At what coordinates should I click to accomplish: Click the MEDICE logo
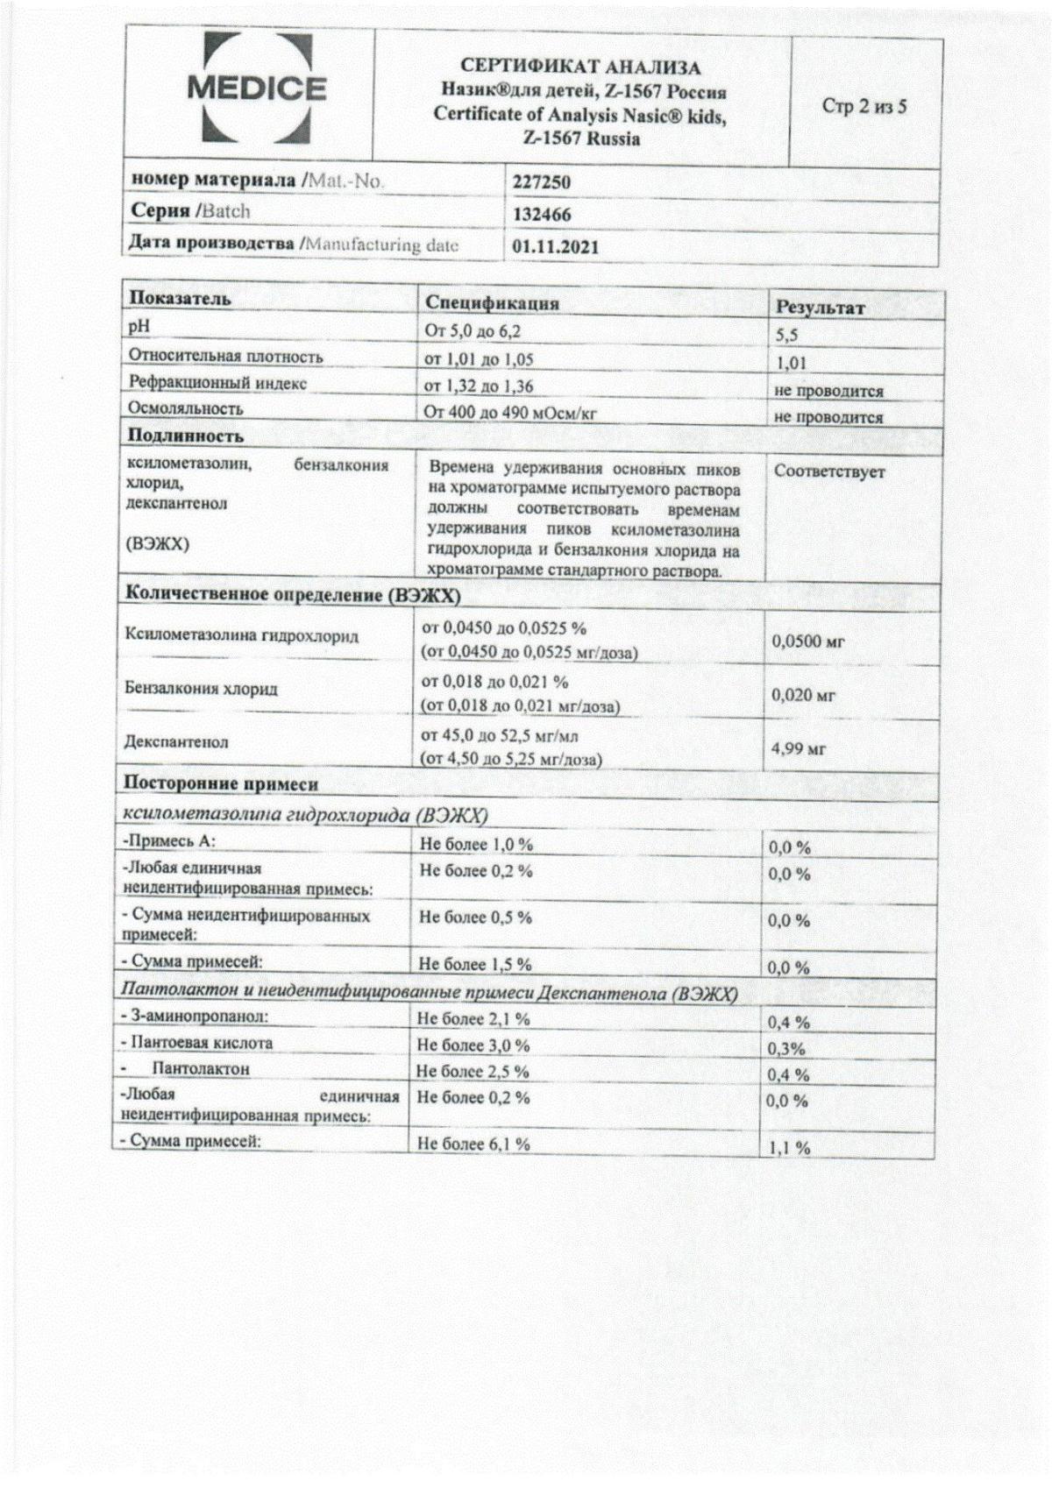coord(256,89)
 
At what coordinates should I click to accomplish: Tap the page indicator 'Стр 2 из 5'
coord(864,107)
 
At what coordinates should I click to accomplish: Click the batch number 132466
coord(542,214)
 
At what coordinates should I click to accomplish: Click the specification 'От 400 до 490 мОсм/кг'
coord(510,411)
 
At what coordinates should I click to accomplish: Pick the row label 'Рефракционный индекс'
coord(217,382)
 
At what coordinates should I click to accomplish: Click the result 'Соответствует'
coord(829,471)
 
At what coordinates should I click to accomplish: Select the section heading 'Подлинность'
coord(186,436)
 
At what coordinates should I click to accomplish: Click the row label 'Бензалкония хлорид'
coord(202,689)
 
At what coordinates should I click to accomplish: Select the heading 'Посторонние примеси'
coord(221,783)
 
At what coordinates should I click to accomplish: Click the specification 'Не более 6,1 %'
coord(474,1144)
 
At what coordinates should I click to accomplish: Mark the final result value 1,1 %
coord(789,1148)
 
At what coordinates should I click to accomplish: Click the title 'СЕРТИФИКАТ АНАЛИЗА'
coord(580,67)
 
